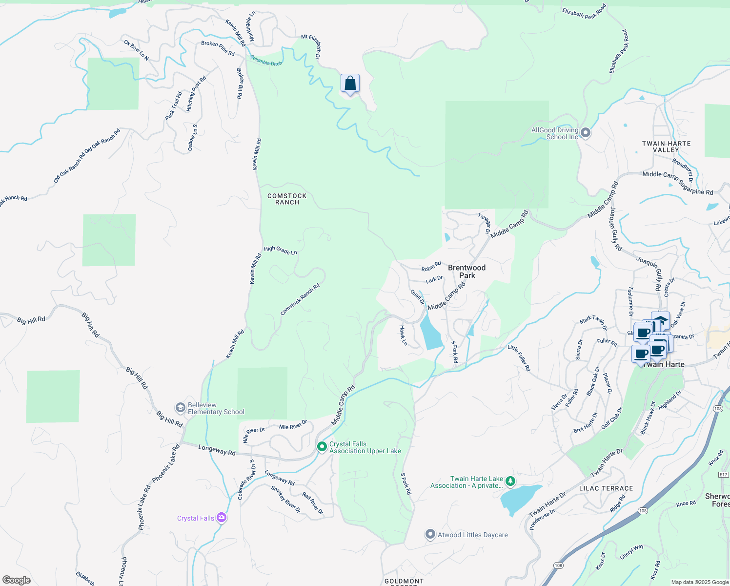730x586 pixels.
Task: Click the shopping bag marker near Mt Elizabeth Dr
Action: pos(350,84)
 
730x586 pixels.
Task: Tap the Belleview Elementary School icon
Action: pos(181,408)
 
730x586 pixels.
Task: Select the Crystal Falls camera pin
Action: pos(222,518)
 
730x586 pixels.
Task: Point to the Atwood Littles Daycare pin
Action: pos(430,534)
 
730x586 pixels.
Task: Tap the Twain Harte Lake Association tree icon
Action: pos(510,481)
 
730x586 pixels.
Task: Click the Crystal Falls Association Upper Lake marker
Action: pos(322,447)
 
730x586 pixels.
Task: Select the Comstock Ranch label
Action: pos(287,199)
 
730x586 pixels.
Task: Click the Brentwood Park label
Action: pos(466,272)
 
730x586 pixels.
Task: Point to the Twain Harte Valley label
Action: pos(666,146)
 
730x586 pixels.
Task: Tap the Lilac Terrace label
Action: pos(606,488)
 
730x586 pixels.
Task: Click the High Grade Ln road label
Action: pos(280,251)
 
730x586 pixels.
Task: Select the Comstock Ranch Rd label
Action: pos(300,299)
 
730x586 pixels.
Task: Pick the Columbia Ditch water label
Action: pos(266,60)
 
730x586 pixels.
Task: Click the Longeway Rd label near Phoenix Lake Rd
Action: pos(217,450)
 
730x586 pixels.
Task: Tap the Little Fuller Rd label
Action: pos(519,357)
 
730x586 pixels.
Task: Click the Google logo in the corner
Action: pos(17,580)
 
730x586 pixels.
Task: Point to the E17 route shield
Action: pos(723,474)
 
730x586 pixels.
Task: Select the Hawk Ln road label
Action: pos(404,335)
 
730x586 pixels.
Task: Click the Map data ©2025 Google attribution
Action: pos(700,582)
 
